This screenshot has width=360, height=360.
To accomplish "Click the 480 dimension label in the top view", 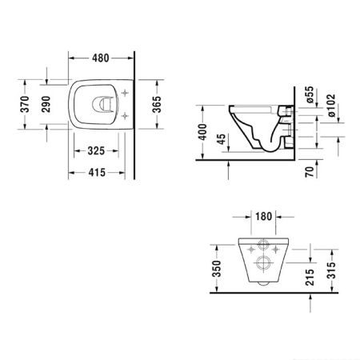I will point(99,58).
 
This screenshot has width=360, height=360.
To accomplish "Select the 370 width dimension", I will point(26,104).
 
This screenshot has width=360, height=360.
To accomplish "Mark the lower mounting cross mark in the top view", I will point(125,116).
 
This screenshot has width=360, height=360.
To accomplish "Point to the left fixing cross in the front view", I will point(240,248).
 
